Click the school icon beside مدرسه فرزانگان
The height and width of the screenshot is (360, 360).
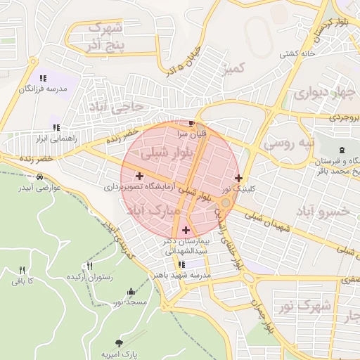43,78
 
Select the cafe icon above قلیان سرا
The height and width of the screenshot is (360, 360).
192,123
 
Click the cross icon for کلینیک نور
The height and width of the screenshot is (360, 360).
239,178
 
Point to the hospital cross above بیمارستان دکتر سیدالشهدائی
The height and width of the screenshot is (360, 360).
186,230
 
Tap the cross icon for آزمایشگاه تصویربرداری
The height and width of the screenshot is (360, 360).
139,176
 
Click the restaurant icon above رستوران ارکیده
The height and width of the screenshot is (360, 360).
89,266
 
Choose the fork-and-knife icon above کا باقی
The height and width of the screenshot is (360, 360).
22,270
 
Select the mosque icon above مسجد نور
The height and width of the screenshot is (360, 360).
130,292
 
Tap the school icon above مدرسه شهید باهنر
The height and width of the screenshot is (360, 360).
182,265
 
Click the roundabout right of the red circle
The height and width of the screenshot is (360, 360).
225,202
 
